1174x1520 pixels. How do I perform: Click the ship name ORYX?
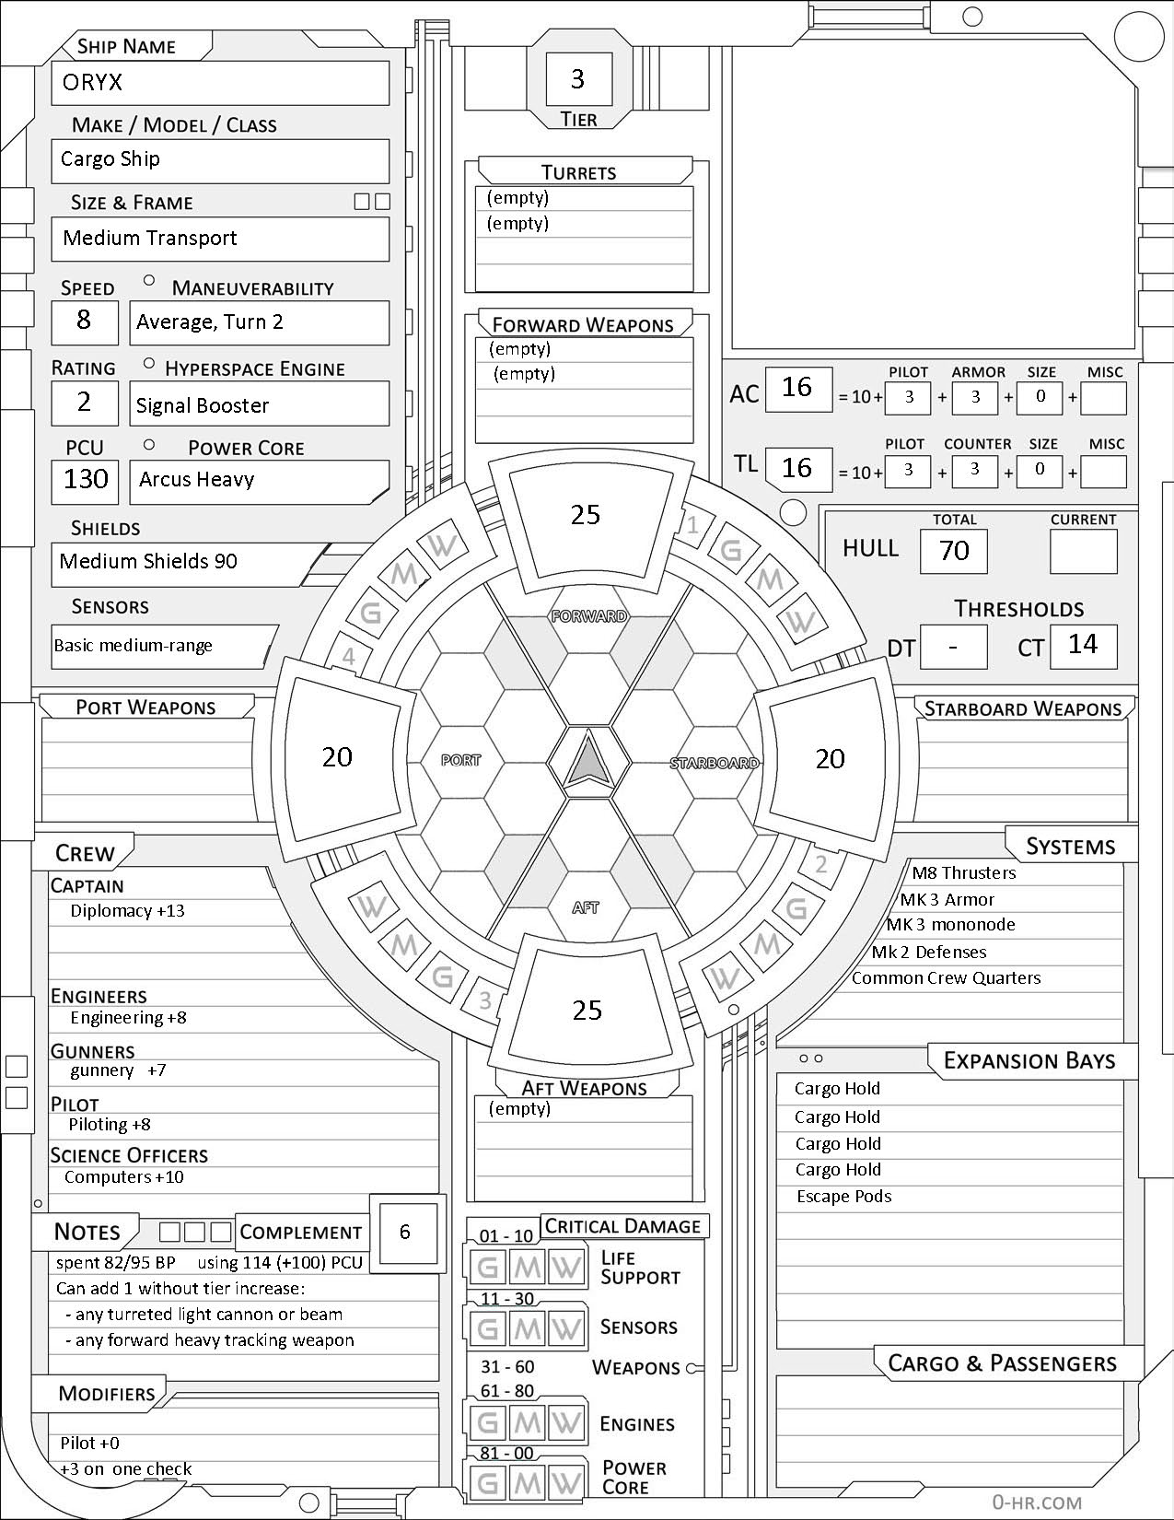click(x=92, y=83)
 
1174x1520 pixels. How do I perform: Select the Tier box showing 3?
click(x=577, y=79)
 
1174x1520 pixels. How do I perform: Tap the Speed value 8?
click(x=84, y=321)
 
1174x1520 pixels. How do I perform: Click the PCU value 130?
click(x=86, y=479)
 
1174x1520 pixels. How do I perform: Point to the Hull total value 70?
click(x=954, y=551)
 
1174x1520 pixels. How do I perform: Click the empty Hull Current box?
click(x=1083, y=551)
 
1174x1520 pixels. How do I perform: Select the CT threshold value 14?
click(x=1083, y=644)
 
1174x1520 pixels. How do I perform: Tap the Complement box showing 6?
click(x=405, y=1232)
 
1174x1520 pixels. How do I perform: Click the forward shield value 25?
click(x=586, y=514)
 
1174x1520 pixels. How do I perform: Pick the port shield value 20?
click(x=337, y=756)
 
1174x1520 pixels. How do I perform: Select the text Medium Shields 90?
click(x=148, y=561)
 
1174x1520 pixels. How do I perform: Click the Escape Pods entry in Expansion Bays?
click(x=843, y=1197)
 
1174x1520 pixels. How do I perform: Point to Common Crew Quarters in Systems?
click(x=946, y=978)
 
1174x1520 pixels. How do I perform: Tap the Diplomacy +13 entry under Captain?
click(x=127, y=911)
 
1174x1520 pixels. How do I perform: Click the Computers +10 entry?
click(x=124, y=1177)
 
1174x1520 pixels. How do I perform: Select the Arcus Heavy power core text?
click(x=196, y=479)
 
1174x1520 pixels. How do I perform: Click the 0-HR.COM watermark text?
click(x=1036, y=1502)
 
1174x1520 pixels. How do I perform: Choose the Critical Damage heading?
click(x=622, y=1226)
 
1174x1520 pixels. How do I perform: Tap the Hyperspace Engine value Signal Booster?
click(x=203, y=405)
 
